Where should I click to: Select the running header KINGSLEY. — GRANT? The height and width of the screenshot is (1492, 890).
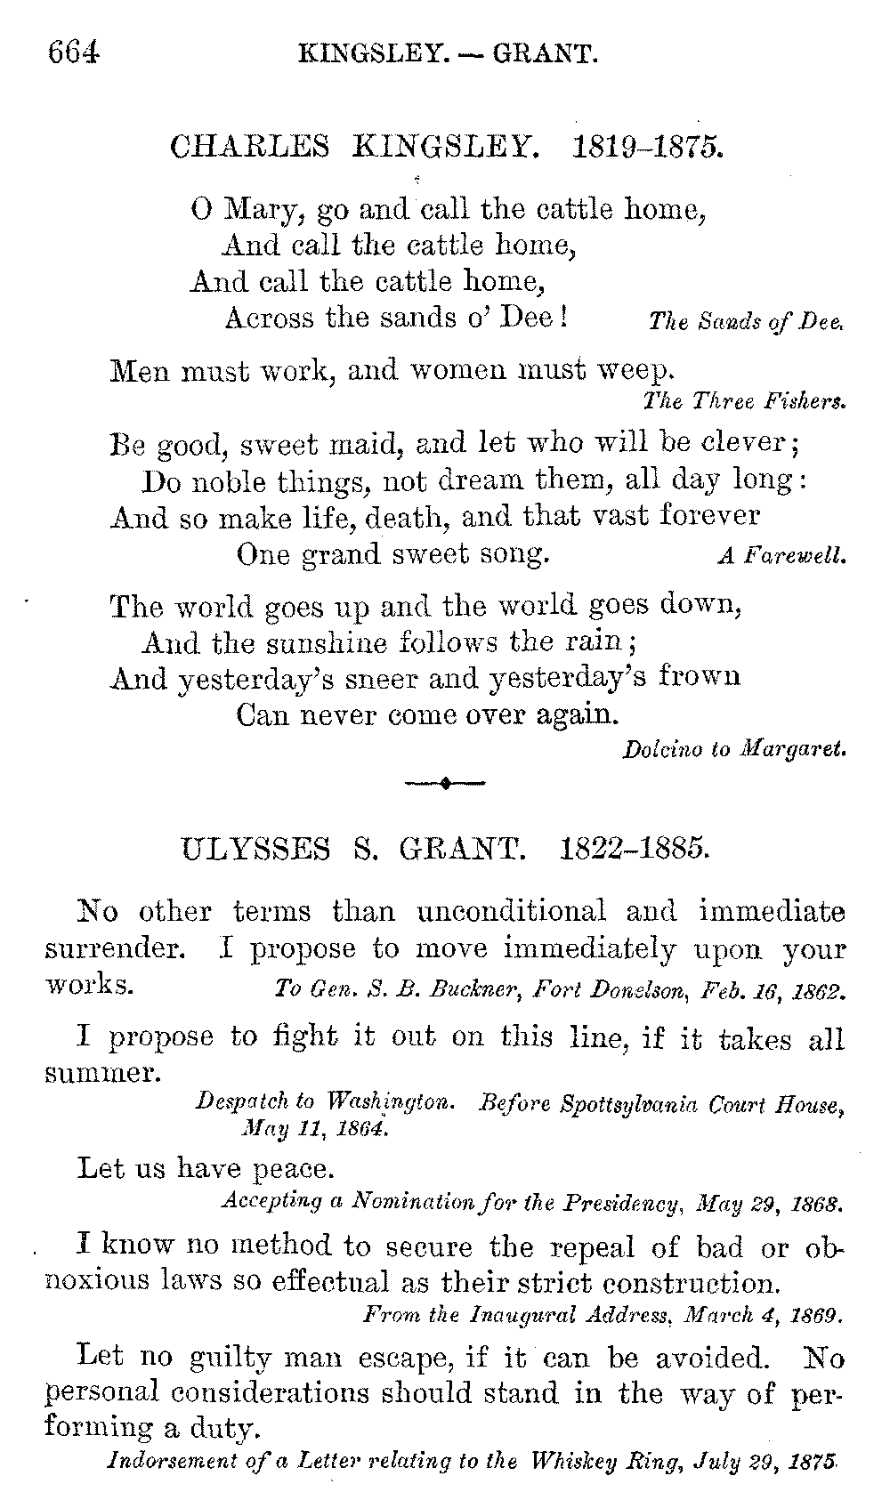[x=449, y=55]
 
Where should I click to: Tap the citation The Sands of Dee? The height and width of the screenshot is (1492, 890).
[x=746, y=322]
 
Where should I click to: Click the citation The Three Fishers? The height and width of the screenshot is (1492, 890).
[x=744, y=401]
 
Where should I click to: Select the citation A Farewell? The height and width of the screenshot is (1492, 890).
[x=781, y=558]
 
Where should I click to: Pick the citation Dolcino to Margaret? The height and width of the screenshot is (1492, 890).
[x=733, y=749]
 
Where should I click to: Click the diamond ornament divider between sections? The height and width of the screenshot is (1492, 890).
[x=444, y=783]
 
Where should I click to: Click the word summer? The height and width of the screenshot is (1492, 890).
[x=102, y=1073]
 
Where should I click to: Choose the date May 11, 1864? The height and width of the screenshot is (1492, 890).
[x=315, y=1129]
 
